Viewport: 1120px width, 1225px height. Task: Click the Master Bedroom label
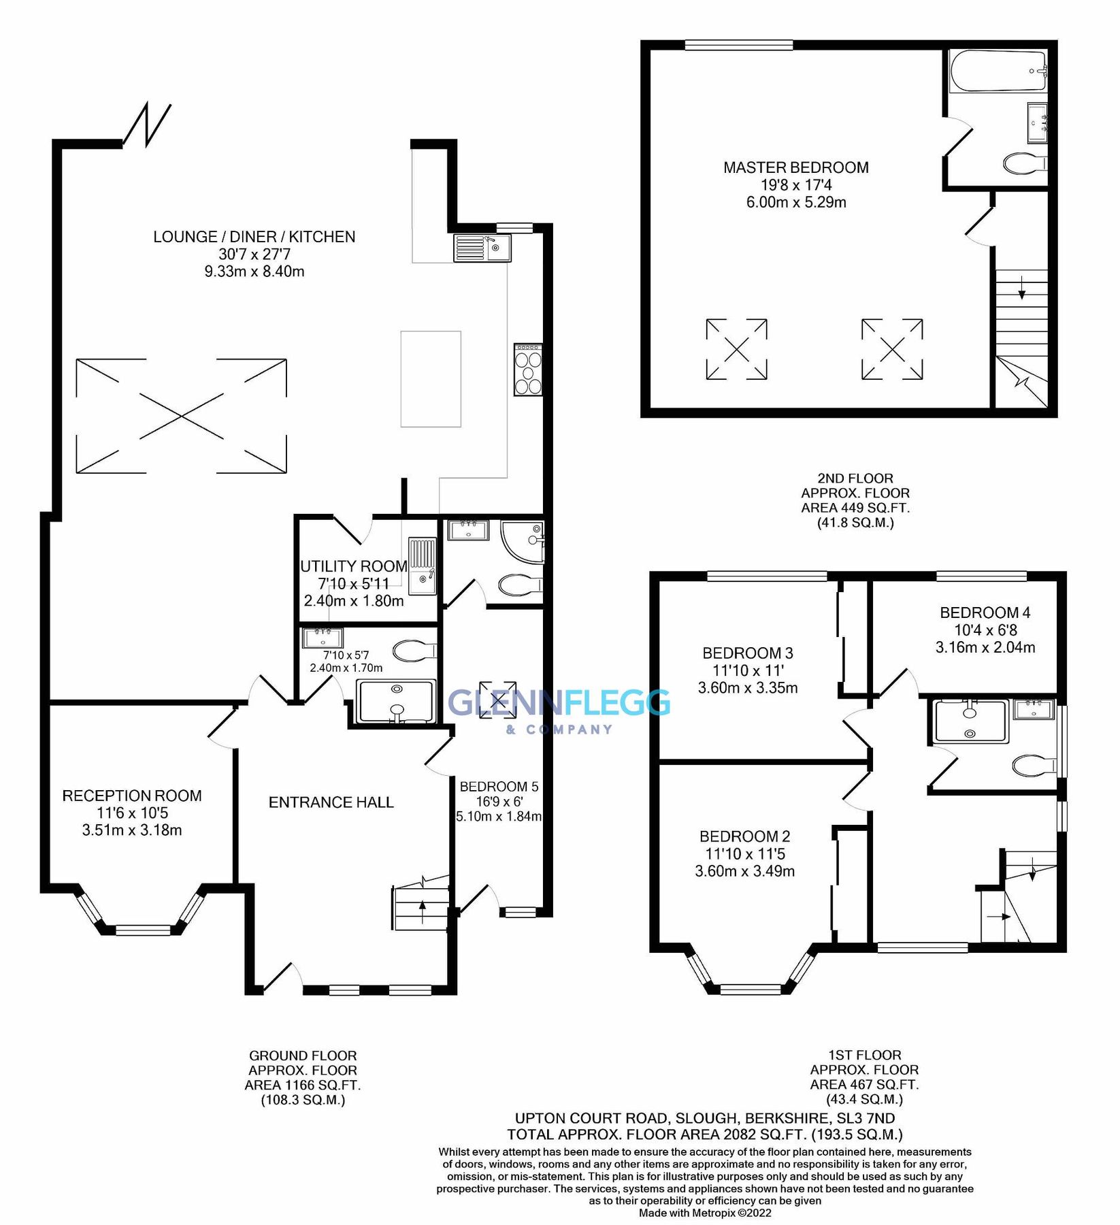tap(795, 167)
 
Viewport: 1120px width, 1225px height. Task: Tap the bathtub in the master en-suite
tap(998, 71)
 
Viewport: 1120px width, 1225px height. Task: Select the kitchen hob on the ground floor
tap(528, 370)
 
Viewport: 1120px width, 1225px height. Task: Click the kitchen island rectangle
tap(431, 378)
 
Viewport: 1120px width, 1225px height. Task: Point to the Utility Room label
tap(353, 566)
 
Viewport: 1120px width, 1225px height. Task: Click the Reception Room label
tap(132, 796)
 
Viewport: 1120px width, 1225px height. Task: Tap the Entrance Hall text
tap(331, 802)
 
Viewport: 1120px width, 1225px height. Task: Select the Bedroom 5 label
tap(499, 787)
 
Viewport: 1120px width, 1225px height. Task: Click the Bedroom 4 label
tap(985, 612)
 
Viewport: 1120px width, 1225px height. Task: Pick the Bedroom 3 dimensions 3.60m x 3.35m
tap(748, 688)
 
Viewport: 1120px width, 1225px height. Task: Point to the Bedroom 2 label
tap(744, 836)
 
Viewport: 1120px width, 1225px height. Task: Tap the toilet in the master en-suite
tap(1024, 163)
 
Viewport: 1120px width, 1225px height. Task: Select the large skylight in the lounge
tap(181, 416)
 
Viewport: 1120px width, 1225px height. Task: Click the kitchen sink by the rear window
tap(482, 248)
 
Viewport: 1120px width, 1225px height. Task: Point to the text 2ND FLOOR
tap(855, 478)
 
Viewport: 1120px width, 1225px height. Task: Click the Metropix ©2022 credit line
tap(705, 1213)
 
